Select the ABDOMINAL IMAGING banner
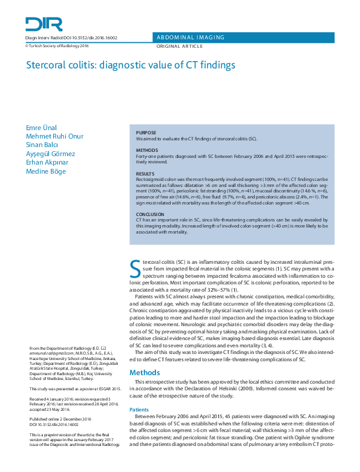(191, 38)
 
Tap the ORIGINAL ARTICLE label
(179, 46)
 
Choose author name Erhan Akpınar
(48, 163)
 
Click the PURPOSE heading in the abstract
(146, 133)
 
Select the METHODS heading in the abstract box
(147, 149)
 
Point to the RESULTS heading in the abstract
(145, 174)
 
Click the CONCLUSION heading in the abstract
(150, 214)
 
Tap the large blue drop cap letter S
(136, 266)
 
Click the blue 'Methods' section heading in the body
(145, 372)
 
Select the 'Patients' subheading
(140, 410)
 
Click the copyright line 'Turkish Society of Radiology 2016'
(57, 45)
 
